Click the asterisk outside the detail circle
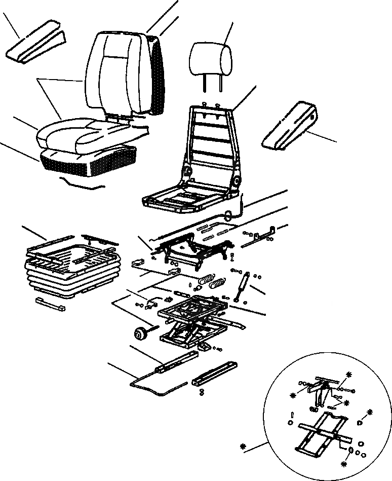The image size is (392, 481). click(x=244, y=447)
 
